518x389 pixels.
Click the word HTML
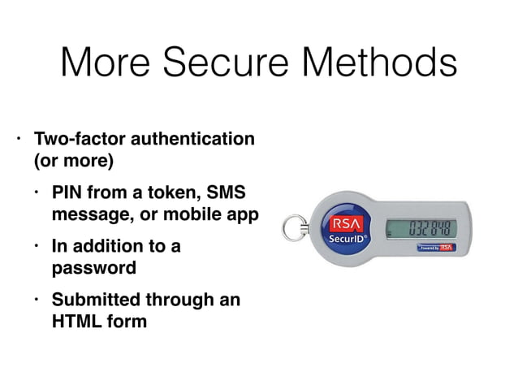[77, 321]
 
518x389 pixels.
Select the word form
[127, 321]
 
